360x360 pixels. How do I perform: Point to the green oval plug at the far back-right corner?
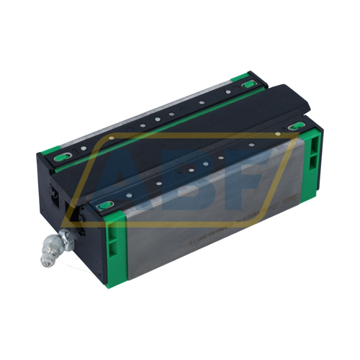[x=250, y=84]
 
